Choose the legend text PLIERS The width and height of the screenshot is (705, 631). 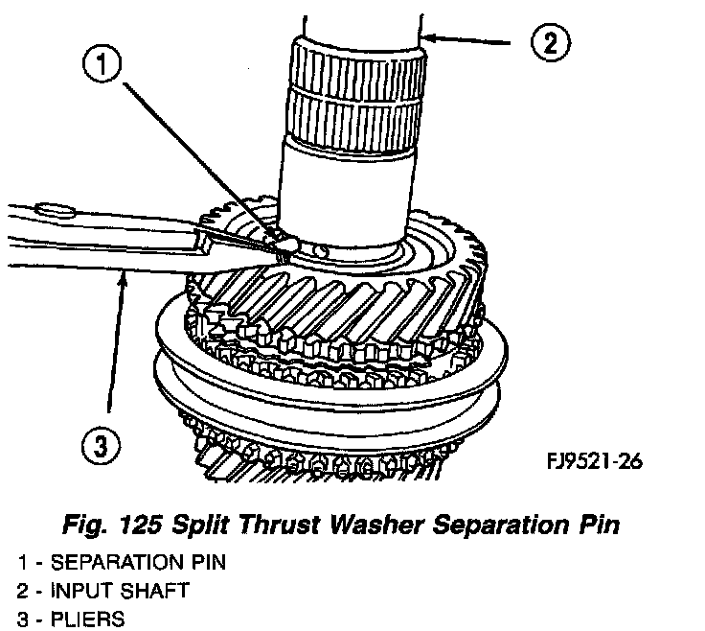click(85, 619)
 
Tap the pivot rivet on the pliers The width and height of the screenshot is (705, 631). click(51, 208)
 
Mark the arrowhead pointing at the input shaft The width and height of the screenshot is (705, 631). click(430, 38)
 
